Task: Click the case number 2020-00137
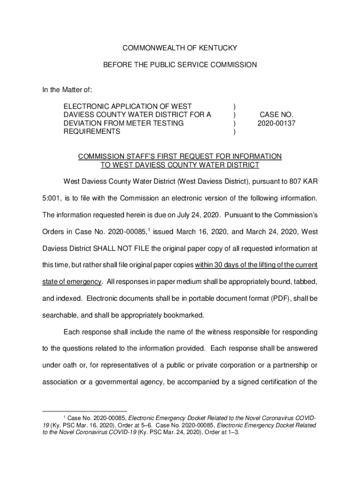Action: (276, 123)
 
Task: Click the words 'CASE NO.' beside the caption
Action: (276, 115)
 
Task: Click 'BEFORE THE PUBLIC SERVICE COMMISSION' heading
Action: (180, 65)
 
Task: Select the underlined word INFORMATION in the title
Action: (257, 156)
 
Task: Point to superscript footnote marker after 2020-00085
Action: (149, 230)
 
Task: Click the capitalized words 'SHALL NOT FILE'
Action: (118, 248)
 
